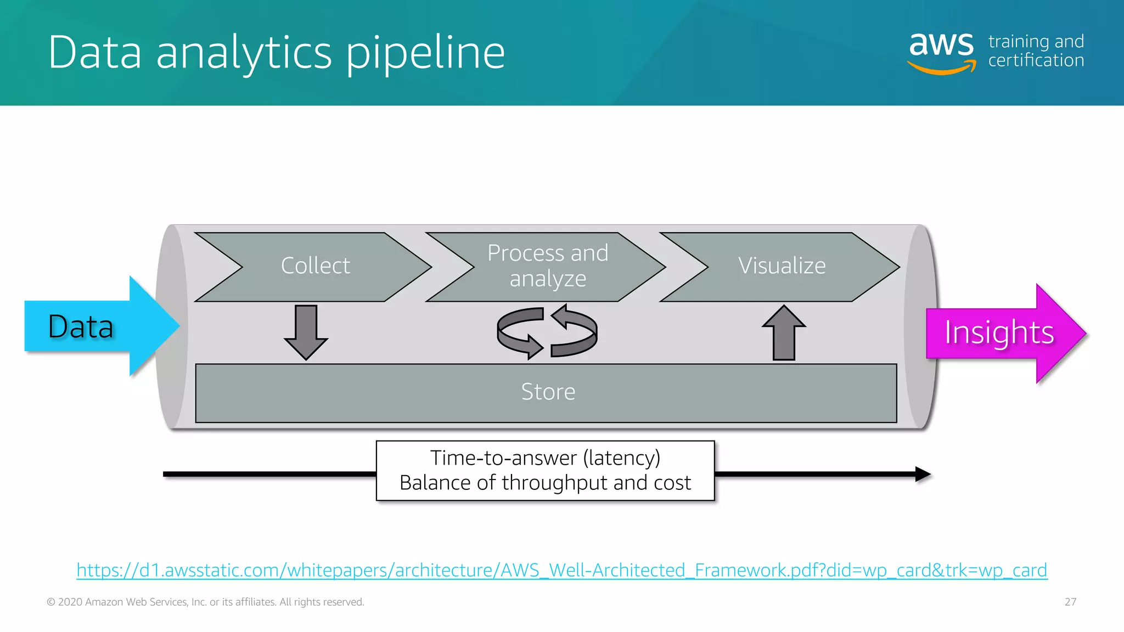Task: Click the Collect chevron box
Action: (x=315, y=267)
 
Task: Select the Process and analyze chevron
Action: (x=547, y=267)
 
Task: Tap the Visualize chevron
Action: (x=782, y=267)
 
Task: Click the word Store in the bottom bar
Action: (x=548, y=392)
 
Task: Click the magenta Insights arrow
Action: (x=999, y=333)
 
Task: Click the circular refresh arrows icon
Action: (x=547, y=332)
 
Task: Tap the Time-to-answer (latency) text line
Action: (x=545, y=458)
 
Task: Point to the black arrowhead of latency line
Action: (x=923, y=474)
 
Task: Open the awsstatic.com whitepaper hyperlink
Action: (x=561, y=571)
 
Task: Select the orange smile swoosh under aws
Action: (x=942, y=68)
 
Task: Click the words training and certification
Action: (x=1036, y=51)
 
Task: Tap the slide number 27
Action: (x=1070, y=602)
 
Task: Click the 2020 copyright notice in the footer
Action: (x=205, y=602)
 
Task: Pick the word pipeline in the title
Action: (x=425, y=53)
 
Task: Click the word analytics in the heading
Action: (x=244, y=53)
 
